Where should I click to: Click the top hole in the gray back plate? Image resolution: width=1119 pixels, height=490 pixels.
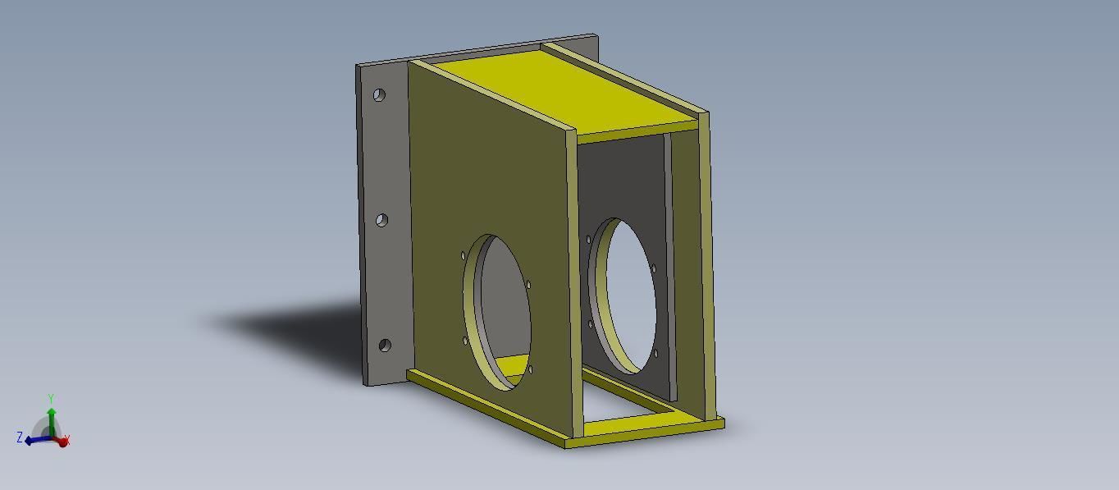coord(379,95)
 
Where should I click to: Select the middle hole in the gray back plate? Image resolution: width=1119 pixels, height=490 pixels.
coord(381,220)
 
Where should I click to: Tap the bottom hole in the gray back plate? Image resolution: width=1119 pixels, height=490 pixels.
coord(384,346)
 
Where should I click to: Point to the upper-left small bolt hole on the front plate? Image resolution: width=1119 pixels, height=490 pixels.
coord(464,257)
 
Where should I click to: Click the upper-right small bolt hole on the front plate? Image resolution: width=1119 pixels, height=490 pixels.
coord(528,285)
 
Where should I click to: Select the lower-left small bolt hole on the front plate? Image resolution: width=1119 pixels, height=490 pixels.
coord(466,341)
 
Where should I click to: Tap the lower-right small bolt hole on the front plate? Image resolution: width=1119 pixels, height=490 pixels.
coord(530,369)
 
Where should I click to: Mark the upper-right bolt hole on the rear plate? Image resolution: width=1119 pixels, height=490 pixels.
coord(653,268)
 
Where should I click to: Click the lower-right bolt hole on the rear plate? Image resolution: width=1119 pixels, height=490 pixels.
coord(655,354)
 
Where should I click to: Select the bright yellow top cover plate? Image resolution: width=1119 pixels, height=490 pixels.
coord(566,90)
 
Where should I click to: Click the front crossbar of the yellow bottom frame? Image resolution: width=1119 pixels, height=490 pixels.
coord(644,433)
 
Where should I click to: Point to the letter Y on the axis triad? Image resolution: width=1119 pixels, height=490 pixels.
coord(51,399)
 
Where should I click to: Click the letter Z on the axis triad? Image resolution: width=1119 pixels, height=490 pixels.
coord(20,437)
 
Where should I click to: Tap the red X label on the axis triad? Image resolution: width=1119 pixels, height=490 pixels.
coord(66,442)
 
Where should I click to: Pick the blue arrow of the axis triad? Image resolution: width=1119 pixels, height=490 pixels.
coord(36,441)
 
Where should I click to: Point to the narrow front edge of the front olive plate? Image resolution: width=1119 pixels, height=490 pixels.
coord(573,279)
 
